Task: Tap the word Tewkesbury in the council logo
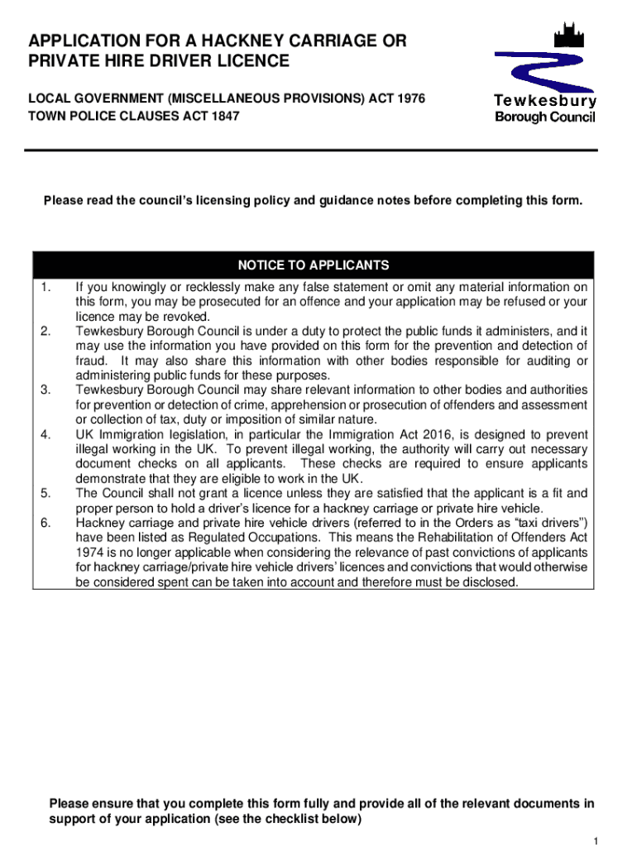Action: point(544,101)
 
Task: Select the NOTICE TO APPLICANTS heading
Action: point(314,266)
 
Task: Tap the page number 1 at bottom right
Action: point(594,840)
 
